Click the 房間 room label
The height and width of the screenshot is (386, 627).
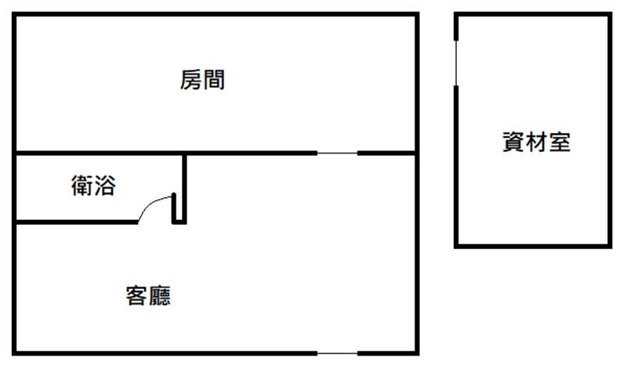[202, 80]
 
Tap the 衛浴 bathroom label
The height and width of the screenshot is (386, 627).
[93, 186]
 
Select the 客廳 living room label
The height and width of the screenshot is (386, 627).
[148, 296]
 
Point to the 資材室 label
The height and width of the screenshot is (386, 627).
[536, 142]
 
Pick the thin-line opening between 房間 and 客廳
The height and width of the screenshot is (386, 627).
[337, 153]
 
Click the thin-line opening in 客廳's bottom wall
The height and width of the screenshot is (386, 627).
[337, 353]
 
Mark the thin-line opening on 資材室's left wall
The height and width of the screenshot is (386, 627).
[456, 63]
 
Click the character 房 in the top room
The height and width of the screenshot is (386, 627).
[190, 80]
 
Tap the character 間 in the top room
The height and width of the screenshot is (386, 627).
[214, 80]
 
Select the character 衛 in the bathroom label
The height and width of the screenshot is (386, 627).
[82, 186]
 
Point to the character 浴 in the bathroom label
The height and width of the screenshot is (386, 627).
[105, 186]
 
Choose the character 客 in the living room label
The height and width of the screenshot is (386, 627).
[136, 296]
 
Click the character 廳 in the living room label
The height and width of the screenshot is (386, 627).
[160, 296]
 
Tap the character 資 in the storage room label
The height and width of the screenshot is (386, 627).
[513, 142]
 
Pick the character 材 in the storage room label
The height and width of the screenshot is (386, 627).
[536, 142]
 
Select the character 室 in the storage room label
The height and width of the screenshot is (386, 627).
[560, 142]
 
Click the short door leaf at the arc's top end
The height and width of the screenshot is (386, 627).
[174, 207]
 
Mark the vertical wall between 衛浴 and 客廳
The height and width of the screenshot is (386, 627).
[184, 189]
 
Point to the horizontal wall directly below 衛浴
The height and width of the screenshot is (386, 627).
[76, 222]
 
